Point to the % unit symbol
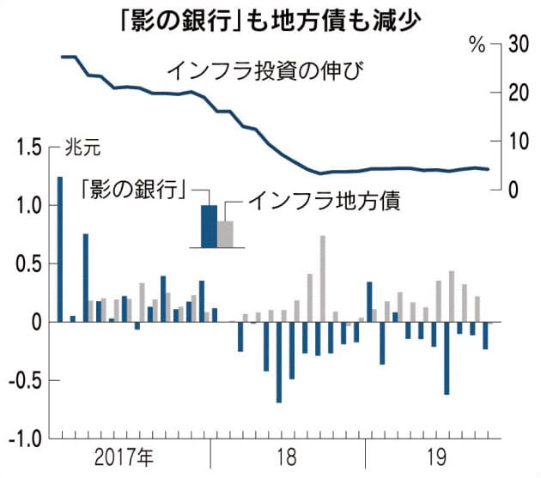(x=477, y=45)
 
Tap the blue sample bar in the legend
(x=209, y=226)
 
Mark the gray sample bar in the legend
(x=225, y=233)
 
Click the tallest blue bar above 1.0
(x=60, y=249)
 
